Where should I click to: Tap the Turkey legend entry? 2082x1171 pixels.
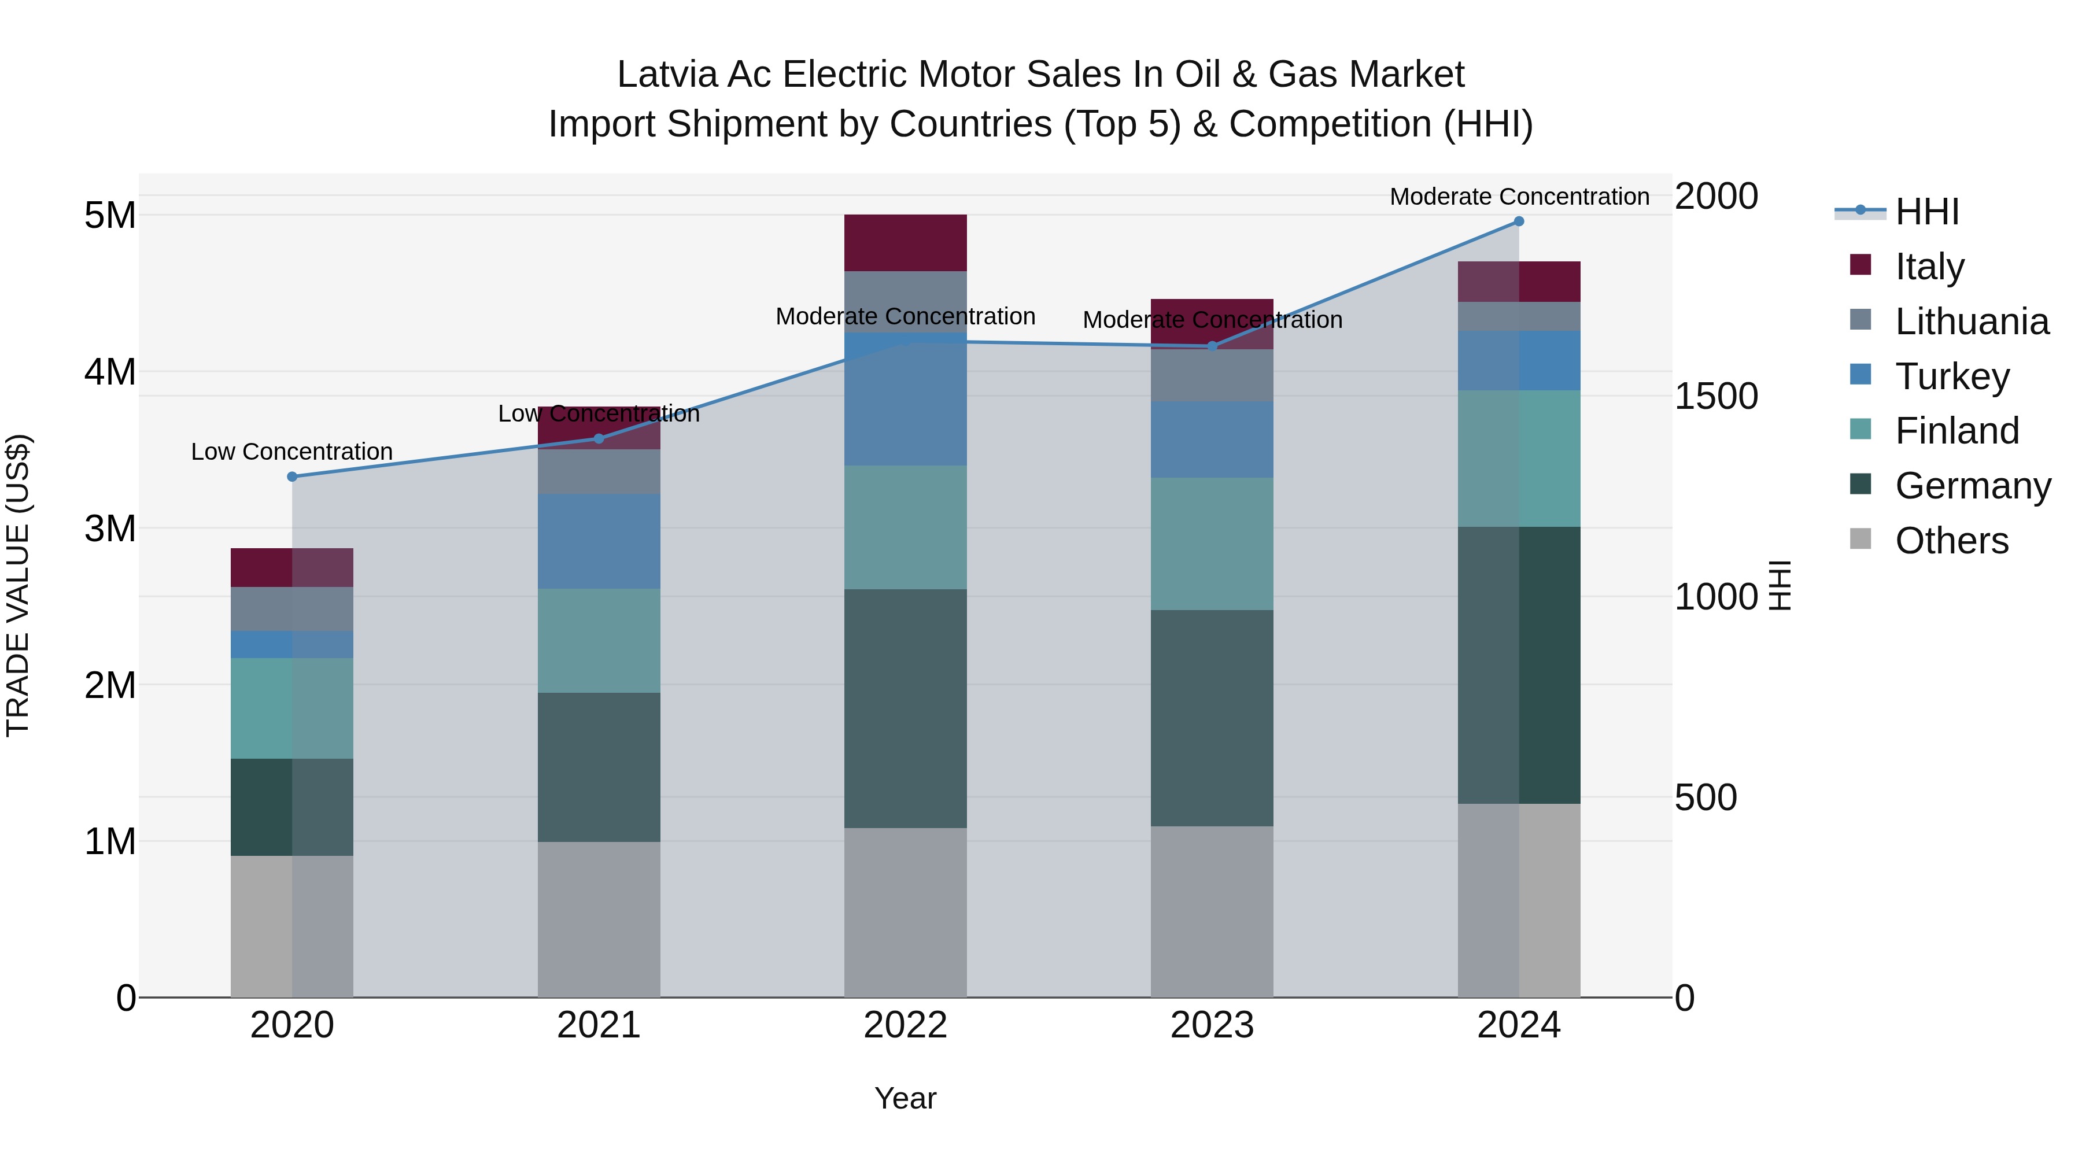click(x=1951, y=376)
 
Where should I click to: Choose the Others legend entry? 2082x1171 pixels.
click(x=1951, y=541)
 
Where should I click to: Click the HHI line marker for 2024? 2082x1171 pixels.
click(x=1519, y=221)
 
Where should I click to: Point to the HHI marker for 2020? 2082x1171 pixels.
click(x=293, y=477)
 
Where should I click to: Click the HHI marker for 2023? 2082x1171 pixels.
click(x=1212, y=346)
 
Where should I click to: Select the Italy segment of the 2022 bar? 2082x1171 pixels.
click(x=905, y=242)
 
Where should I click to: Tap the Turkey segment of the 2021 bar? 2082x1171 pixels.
click(x=599, y=541)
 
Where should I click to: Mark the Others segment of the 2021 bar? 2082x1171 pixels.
click(x=599, y=919)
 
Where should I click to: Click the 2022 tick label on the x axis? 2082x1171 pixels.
click(x=905, y=1025)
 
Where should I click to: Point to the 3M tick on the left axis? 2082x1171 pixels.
click(x=110, y=529)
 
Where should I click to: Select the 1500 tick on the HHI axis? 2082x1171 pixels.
click(x=1716, y=396)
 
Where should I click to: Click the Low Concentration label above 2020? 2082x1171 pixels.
click(x=292, y=452)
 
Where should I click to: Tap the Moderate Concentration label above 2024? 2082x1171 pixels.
click(x=1519, y=197)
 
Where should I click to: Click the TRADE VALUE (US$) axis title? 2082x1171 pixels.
click(x=19, y=585)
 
